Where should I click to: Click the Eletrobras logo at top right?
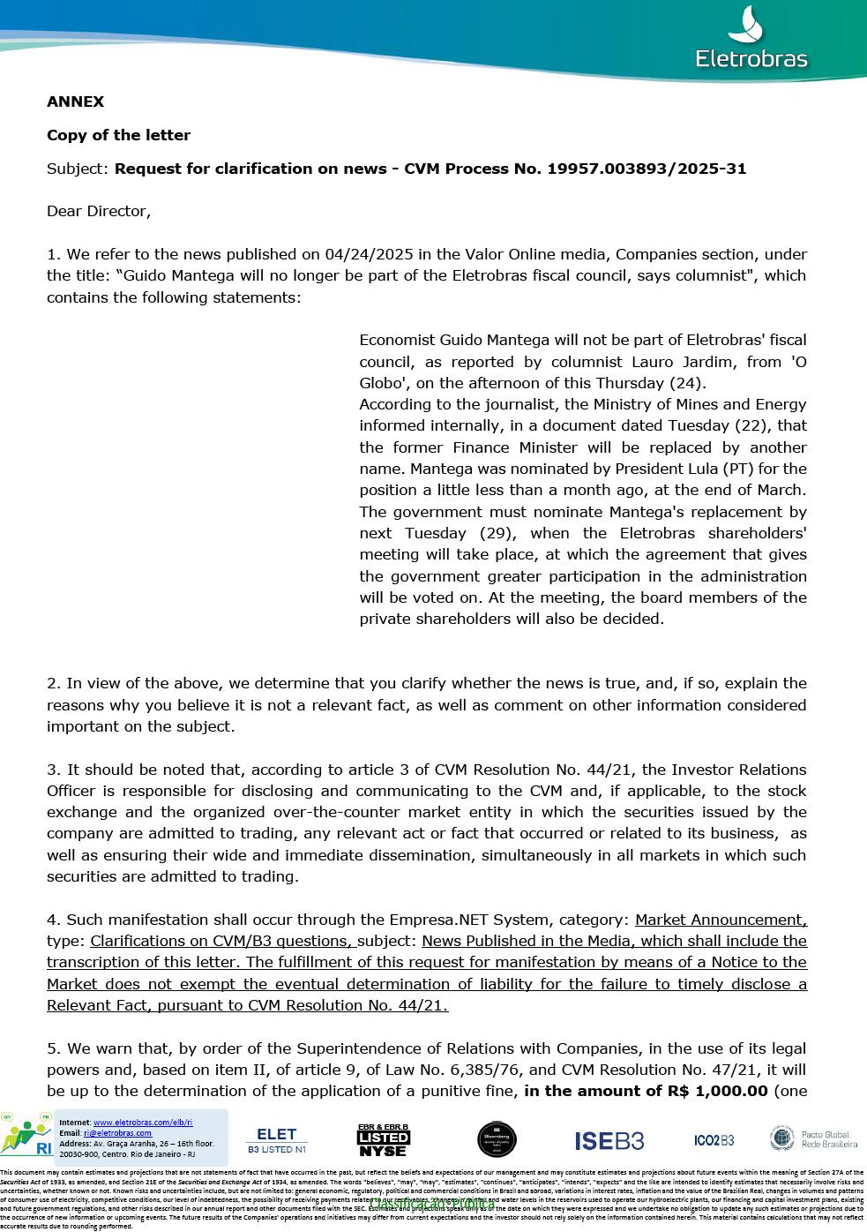click(x=751, y=40)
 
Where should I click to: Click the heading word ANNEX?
click(x=75, y=101)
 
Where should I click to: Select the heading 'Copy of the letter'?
click(x=118, y=135)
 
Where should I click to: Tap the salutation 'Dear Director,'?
click(x=99, y=211)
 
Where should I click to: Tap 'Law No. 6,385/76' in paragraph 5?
click(x=466, y=1070)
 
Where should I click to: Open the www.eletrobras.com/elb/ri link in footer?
click(x=143, y=1123)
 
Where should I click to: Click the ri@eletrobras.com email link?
click(x=117, y=1133)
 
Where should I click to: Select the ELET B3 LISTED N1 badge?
click(x=276, y=1140)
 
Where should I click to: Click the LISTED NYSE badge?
click(x=383, y=1140)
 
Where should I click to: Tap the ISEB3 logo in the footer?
click(x=609, y=1141)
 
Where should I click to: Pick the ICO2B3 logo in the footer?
click(x=714, y=1140)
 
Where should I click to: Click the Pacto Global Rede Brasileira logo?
click(x=813, y=1138)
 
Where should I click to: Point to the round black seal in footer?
click(x=497, y=1140)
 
